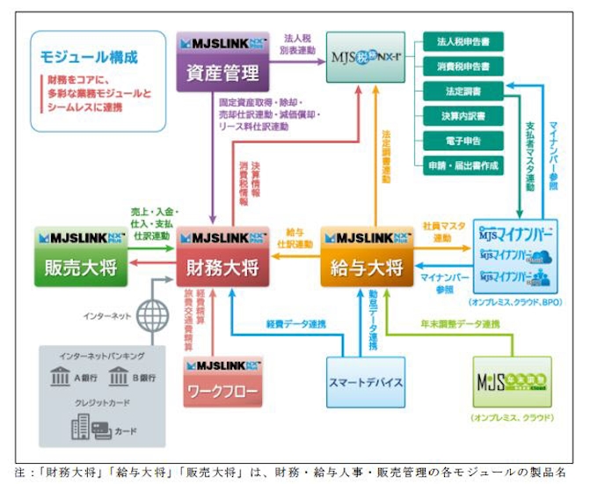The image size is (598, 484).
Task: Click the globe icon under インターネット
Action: point(153,314)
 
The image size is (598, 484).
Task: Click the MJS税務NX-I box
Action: point(367,58)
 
